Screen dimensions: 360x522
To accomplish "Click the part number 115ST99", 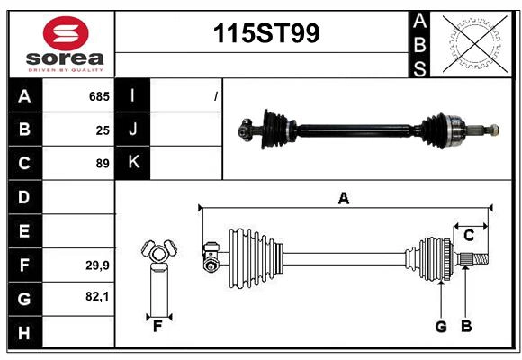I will point(265,34).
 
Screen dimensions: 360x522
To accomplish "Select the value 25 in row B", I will point(103,130).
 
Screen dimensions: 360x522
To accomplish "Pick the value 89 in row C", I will point(103,164).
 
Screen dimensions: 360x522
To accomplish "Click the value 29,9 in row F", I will point(97,265).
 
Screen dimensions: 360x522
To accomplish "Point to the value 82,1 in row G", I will point(97,296).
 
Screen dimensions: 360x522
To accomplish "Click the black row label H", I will point(24,333).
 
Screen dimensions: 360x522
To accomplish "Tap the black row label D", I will point(24,197).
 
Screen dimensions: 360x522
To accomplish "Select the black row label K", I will point(133,163).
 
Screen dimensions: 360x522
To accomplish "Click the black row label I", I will point(133,95).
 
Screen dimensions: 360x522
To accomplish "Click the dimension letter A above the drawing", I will point(343,199).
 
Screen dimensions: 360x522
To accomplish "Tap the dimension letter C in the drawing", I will point(469,235).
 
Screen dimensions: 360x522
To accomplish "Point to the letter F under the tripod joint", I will point(157,326).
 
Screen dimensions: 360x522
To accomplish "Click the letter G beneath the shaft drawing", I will point(441,326).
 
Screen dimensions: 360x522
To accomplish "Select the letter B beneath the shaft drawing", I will point(466,326).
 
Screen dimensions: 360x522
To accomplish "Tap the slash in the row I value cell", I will point(216,95).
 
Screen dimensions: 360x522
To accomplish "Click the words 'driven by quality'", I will point(66,68).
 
